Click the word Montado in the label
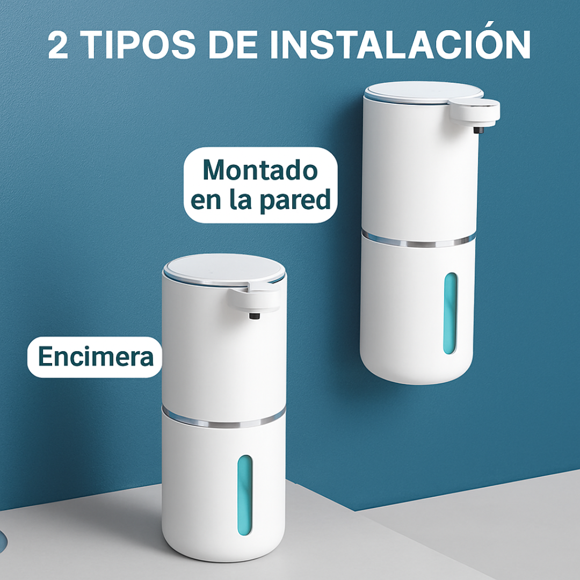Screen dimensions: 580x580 (x=260, y=170)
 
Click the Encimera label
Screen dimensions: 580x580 (x=96, y=357)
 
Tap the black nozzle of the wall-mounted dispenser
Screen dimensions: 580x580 (x=479, y=130)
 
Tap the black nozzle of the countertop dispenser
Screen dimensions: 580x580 (x=254, y=316)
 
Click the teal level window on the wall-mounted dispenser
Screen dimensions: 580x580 (x=450, y=313)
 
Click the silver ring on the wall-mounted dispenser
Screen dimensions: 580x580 (x=418, y=241)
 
